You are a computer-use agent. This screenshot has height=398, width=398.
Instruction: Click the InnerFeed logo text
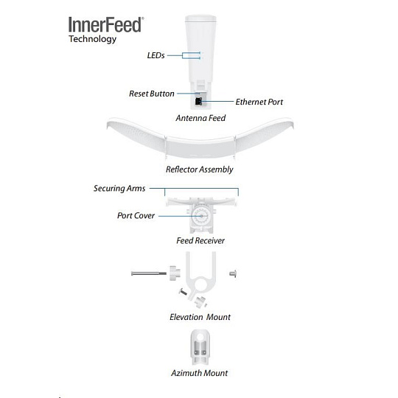tap(106, 24)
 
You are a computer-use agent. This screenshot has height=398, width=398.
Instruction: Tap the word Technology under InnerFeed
tap(92, 39)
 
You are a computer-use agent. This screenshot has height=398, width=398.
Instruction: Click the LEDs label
tap(156, 55)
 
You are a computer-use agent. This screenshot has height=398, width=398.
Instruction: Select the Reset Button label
tap(152, 94)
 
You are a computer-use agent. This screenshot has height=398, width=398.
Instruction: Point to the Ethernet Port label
tap(259, 102)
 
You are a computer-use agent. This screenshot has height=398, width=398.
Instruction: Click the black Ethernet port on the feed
tap(198, 101)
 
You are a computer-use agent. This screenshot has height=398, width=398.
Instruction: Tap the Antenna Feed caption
tap(200, 118)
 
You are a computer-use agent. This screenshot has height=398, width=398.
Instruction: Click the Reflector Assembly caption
tap(200, 170)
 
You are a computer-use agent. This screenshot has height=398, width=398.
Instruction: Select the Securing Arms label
tap(119, 189)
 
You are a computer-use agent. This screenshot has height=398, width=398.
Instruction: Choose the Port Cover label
tap(136, 215)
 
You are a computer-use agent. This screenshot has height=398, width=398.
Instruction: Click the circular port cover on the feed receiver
tap(201, 216)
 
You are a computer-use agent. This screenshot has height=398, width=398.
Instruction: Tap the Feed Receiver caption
tap(200, 240)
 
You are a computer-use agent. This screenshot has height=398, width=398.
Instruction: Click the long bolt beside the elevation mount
tap(149, 273)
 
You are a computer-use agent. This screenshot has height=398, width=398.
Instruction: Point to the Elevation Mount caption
tap(200, 317)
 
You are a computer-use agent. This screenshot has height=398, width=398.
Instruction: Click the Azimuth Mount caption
tap(200, 373)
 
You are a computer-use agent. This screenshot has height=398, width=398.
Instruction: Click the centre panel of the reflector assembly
tap(200, 147)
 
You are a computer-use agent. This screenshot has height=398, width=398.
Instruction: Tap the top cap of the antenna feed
tap(200, 18)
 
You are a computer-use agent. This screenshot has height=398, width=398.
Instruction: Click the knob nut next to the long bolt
tap(175, 273)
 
